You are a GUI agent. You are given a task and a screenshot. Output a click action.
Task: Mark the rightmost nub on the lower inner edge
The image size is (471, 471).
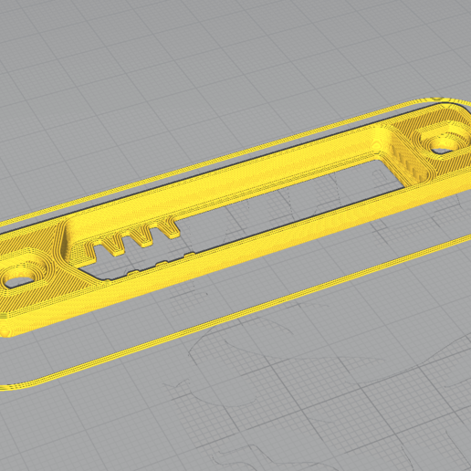(189, 256)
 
